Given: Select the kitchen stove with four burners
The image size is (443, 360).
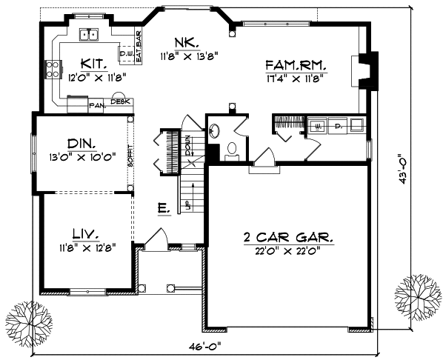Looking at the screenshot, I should click(54, 70).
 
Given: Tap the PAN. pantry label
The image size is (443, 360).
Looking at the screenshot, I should click(96, 106).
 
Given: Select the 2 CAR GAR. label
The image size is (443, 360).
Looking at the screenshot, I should click(288, 239).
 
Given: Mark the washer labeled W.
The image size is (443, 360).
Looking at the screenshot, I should click(318, 125).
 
